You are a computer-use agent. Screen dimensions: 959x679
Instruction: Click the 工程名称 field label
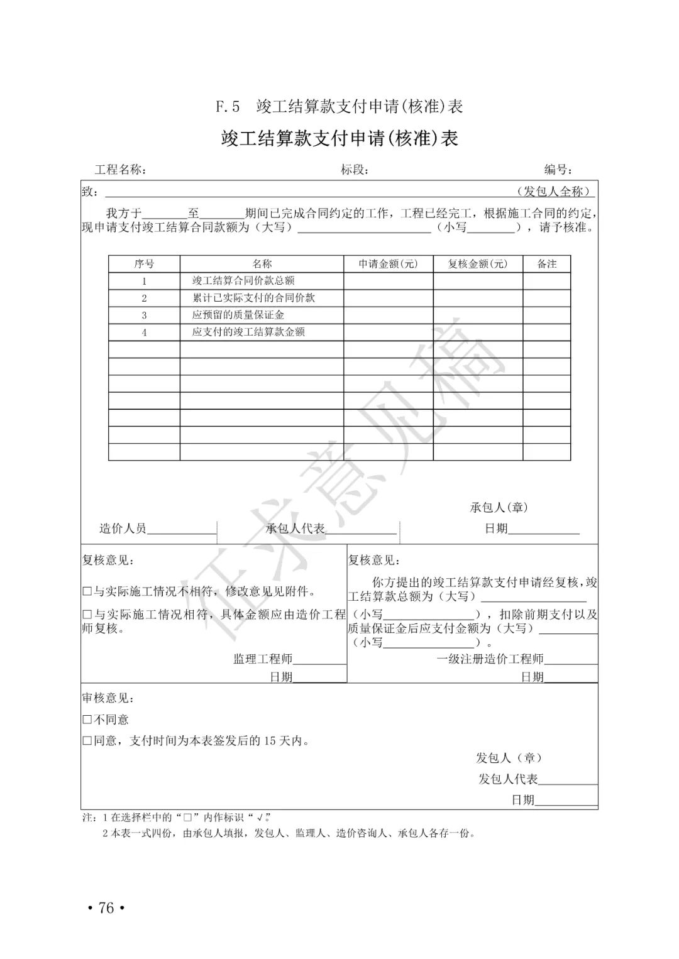(121, 170)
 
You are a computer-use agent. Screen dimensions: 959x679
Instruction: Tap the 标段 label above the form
(354, 170)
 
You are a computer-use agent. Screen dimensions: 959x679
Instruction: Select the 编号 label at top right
(558, 170)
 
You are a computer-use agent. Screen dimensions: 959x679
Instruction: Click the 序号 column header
(144, 264)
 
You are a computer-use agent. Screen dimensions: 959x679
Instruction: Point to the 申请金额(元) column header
(388, 264)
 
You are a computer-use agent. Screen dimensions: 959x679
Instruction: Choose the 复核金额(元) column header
(477, 264)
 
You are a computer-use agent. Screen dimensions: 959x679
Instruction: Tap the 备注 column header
(546, 264)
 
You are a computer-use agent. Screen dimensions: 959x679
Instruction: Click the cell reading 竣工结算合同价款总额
(243, 281)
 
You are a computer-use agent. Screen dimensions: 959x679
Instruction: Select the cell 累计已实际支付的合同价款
(253, 298)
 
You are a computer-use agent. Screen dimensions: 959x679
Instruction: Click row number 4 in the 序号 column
(144, 332)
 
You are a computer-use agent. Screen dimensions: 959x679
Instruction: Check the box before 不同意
(87, 720)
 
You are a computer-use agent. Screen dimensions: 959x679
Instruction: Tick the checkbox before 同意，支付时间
(87, 741)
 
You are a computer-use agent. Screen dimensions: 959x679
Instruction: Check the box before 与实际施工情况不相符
(87, 591)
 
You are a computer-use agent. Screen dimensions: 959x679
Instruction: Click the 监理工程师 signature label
(263, 659)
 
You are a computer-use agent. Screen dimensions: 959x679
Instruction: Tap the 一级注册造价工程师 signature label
(490, 659)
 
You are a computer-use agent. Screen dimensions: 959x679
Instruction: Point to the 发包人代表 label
(508, 779)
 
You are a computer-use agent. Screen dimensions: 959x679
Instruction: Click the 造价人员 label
(123, 529)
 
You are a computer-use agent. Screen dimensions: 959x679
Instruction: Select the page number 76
(106, 908)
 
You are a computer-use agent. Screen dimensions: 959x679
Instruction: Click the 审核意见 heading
(108, 698)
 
